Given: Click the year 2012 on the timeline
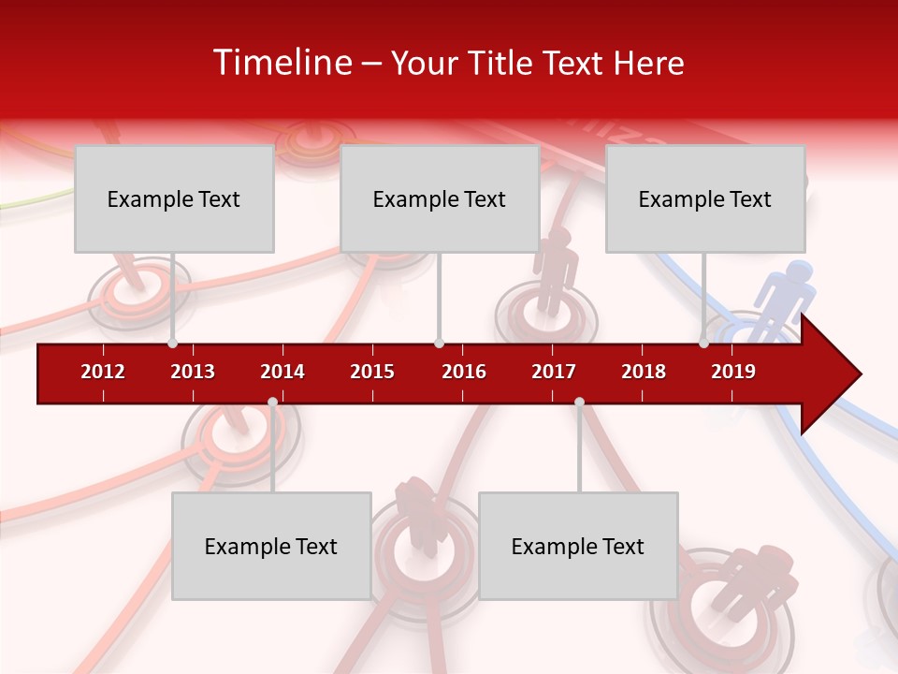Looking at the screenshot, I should pyautogui.click(x=103, y=372).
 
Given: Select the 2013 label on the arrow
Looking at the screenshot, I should pyautogui.click(x=193, y=372).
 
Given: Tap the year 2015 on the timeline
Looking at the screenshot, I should pyautogui.click(x=372, y=372).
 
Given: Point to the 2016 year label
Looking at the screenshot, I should pyautogui.click(x=464, y=372).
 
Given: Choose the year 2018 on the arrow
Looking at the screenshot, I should pyautogui.click(x=644, y=372).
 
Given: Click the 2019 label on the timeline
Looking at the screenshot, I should pyautogui.click(x=733, y=372).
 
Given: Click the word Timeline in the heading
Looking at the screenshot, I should pyautogui.click(x=282, y=63).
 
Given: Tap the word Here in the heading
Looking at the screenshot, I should pyautogui.click(x=648, y=63).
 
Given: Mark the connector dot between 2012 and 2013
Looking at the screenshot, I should pyautogui.click(x=172, y=344).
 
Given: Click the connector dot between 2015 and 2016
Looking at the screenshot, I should pyautogui.click(x=439, y=344).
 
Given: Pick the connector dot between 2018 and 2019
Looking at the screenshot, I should pyautogui.click(x=703, y=344).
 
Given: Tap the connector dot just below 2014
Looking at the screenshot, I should pyautogui.click(x=272, y=403).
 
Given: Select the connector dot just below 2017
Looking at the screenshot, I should pyautogui.click(x=579, y=403).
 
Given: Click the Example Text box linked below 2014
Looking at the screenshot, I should pyautogui.click(x=271, y=546).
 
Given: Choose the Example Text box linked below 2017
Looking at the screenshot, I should pyautogui.click(x=578, y=546).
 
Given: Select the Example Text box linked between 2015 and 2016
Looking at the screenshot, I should pyautogui.click(x=440, y=198).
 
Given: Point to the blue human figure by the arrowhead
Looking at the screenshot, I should pyautogui.click(x=783, y=295).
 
